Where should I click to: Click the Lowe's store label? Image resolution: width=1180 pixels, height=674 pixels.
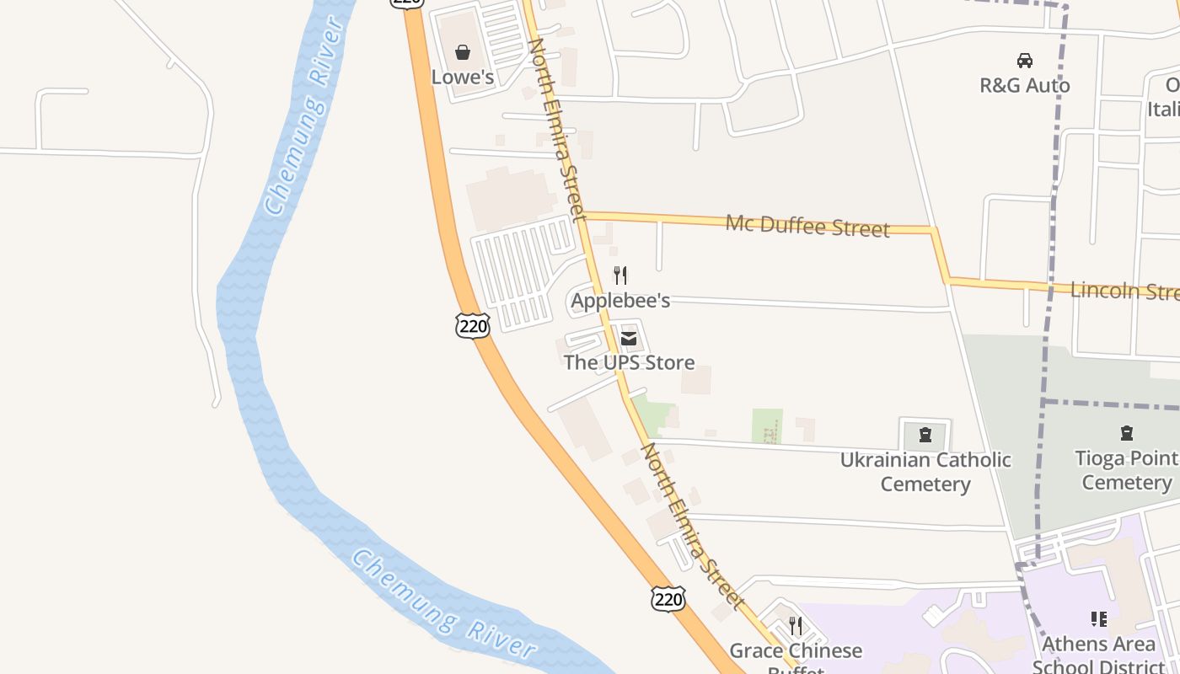462,77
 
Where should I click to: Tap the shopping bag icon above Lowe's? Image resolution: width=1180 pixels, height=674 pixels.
463,53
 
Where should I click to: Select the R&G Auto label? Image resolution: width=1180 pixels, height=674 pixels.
1024,85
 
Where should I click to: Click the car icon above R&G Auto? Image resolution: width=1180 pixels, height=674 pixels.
1025,61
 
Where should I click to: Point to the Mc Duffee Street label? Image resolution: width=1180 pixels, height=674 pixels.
807,226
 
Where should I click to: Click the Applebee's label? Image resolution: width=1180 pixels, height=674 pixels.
620,300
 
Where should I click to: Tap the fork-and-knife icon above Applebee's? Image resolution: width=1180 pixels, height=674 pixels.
620,275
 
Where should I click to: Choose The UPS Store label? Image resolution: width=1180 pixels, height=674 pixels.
629,362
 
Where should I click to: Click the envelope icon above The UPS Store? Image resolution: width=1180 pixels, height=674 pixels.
629,339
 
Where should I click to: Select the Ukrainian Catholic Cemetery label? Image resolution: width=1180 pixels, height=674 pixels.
925,472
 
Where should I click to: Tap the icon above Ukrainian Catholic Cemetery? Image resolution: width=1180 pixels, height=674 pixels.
925,435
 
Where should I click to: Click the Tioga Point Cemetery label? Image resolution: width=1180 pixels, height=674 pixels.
1127,470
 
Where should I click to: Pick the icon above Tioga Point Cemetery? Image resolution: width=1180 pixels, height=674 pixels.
1127,434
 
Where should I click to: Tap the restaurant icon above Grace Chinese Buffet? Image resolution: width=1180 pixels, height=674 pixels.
796,626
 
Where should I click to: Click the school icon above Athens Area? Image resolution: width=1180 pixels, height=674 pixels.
1098,620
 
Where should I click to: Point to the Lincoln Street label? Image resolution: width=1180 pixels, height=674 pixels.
1124,292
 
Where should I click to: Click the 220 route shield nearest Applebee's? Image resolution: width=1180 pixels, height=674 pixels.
473,325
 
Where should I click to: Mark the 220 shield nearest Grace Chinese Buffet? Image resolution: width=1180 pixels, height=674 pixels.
668,599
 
